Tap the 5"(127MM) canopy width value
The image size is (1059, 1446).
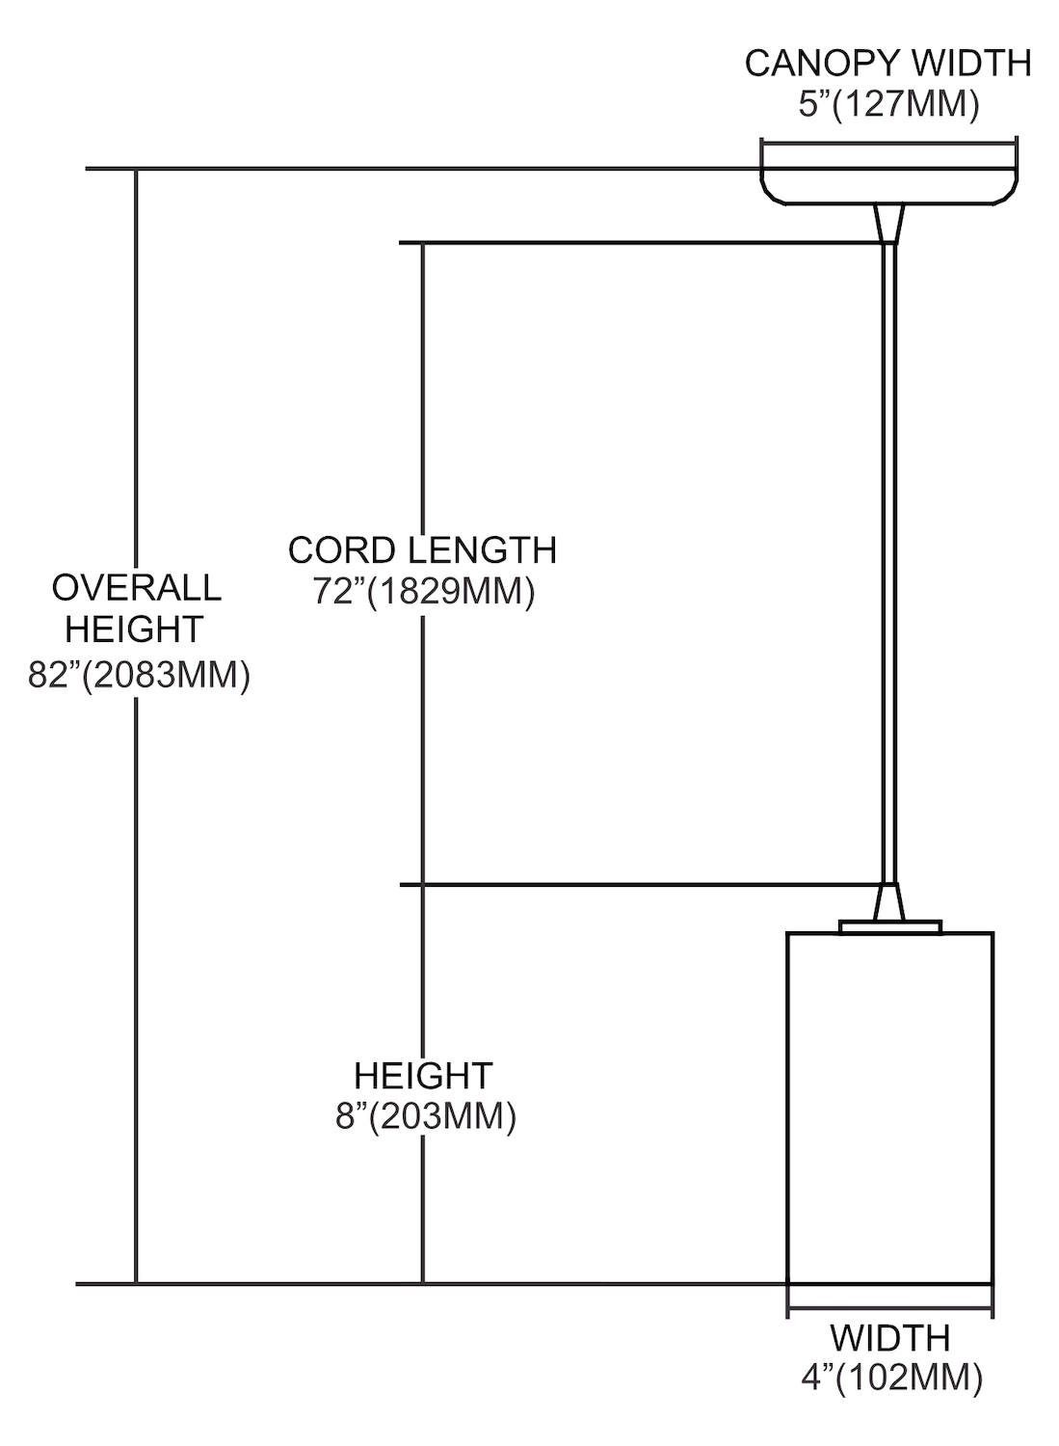coord(887,104)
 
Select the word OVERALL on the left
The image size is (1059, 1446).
coord(136,587)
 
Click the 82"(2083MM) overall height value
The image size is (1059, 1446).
coord(139,674)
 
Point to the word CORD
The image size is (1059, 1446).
coord(341,550)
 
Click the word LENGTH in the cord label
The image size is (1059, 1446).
coord(481,550)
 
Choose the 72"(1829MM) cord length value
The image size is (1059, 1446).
coord(423,591)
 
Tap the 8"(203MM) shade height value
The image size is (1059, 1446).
coord(423,1116)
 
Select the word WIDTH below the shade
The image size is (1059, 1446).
coord(889,1338)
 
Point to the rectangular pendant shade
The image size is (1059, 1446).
coord(889,1109)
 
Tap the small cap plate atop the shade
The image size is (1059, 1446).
coord(889,926)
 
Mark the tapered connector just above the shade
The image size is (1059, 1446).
coord(888,902)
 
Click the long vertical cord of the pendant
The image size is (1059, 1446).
coord(888,559)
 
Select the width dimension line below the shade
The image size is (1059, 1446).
coord(889,1310)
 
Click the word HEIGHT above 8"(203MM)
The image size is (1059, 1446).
coord(423,1075)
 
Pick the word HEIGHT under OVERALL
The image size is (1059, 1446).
coord(134,629)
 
